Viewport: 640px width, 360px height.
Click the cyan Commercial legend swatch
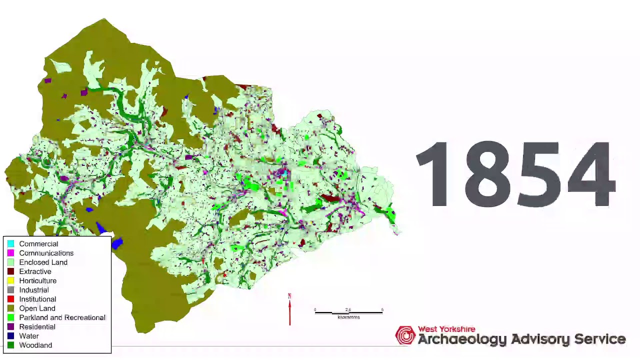[x=10, y=244]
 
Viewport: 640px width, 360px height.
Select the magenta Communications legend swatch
[x=10, y=253]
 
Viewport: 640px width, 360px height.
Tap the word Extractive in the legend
[x=35, y=271]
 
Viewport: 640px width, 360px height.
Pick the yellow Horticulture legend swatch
[x=10, y=281]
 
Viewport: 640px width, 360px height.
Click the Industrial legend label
[x=34, y=290]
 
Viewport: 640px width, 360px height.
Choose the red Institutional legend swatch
[x=10, y=299]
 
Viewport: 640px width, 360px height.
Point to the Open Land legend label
[x=37, y=308]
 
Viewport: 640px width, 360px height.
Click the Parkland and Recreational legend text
[x=62, y=317]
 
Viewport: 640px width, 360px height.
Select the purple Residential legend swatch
[x=10, y=327]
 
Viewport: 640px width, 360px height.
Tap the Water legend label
[x=29, y=336]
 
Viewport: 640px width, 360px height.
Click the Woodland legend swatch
[x=10, y=345]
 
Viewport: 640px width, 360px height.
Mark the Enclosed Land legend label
[x=43, y=262]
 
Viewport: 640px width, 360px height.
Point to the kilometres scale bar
[x=348, y=312]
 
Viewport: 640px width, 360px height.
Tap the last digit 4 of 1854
[x=591, y=174]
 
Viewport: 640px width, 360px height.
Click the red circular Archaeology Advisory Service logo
[x=405, y=335]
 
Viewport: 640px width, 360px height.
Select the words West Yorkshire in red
[x=446, y=329]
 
